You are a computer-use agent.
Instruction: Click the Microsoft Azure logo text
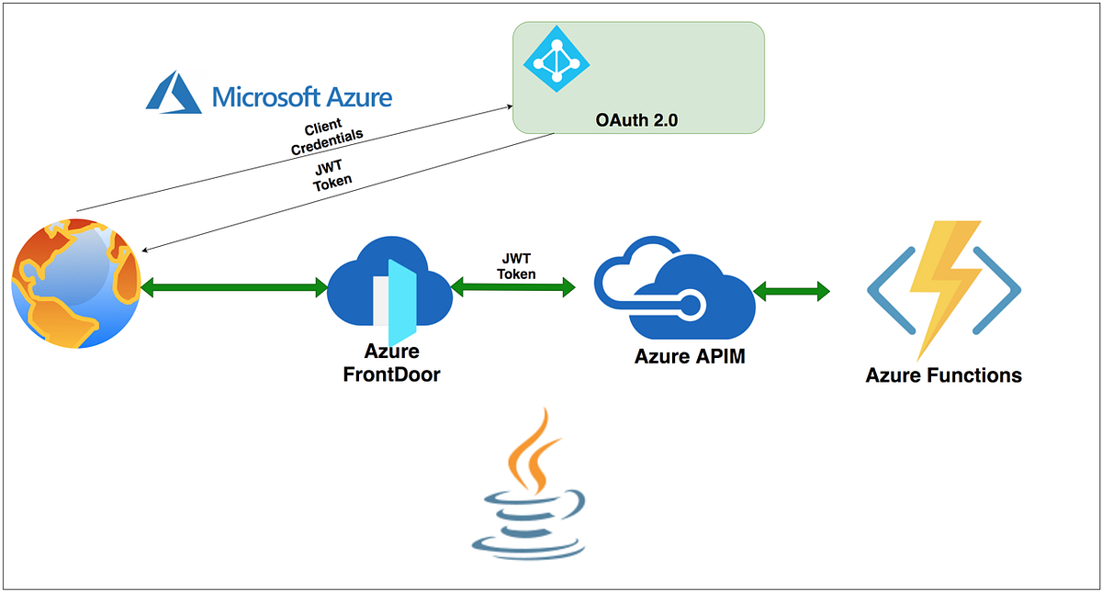(302, 96)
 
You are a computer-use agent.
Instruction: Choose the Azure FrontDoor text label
(391, 363)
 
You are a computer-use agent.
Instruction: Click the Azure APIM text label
(689, 357)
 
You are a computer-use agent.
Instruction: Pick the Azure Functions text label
(943, 375)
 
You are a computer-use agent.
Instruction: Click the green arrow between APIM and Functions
(792, 293)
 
